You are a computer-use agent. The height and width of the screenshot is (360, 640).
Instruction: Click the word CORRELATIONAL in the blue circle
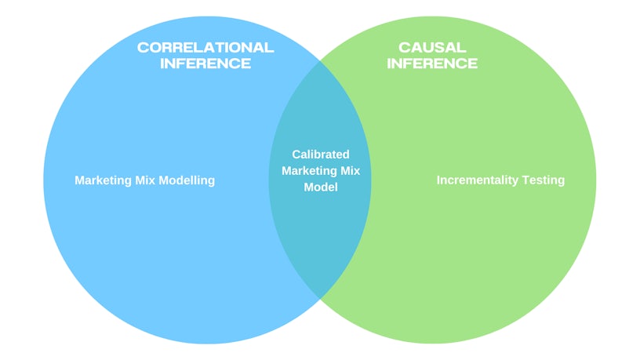(205, 47)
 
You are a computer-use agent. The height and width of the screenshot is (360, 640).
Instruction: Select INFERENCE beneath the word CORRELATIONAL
(205, 64)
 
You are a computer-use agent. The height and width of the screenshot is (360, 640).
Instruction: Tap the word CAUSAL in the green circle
(431, 47)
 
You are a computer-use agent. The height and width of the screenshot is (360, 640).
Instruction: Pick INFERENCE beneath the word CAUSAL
(431, 64)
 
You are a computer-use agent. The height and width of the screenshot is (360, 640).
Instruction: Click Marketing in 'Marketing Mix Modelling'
(102, 180)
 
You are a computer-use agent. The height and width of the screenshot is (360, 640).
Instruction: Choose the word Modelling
(187, 180)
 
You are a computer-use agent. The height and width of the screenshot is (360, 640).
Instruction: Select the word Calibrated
(321, 155)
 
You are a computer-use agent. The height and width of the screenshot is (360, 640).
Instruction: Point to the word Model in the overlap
(321, 187)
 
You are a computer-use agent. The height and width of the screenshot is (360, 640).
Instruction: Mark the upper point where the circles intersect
(320, 60)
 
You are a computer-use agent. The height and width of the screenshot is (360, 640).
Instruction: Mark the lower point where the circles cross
(320, 298)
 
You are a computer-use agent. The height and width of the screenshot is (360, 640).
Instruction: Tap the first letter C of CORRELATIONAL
(142, 47)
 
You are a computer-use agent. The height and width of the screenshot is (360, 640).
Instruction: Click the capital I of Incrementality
(438, 180)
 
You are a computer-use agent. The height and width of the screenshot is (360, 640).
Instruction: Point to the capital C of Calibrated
(296, 155)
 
